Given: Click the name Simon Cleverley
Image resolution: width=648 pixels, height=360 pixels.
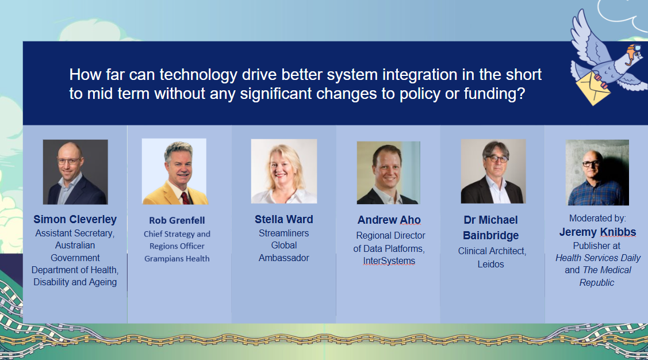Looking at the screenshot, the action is pos(75,220).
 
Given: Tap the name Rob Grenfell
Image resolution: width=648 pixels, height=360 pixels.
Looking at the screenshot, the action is pos(177,220).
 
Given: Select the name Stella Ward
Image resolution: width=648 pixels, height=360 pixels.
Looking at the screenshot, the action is pos(284,219).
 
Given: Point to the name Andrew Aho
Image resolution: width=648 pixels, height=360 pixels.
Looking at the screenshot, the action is pos(389,220).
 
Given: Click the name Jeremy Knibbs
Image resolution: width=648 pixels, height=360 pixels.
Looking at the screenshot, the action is pos(597,232).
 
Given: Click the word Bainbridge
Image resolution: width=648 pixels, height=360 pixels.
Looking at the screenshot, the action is pos(490,235).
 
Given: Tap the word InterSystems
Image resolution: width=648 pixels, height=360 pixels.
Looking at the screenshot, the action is pos(389,261).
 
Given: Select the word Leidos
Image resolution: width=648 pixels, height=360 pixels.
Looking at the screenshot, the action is pos(490,264).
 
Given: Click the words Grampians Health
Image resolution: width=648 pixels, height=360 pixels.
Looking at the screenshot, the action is pos(177,259).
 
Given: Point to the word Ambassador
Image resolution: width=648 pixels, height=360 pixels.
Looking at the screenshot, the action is pos(284,258).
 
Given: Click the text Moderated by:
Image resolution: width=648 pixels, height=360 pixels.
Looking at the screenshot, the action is pos(597,218).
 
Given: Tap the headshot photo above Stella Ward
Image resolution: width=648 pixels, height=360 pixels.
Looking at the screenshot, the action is pos(284,171).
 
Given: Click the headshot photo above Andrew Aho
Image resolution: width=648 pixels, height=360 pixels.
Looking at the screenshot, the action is pos(389,173).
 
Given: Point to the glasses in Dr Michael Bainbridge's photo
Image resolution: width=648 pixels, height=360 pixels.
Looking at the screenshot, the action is pos(496,159).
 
